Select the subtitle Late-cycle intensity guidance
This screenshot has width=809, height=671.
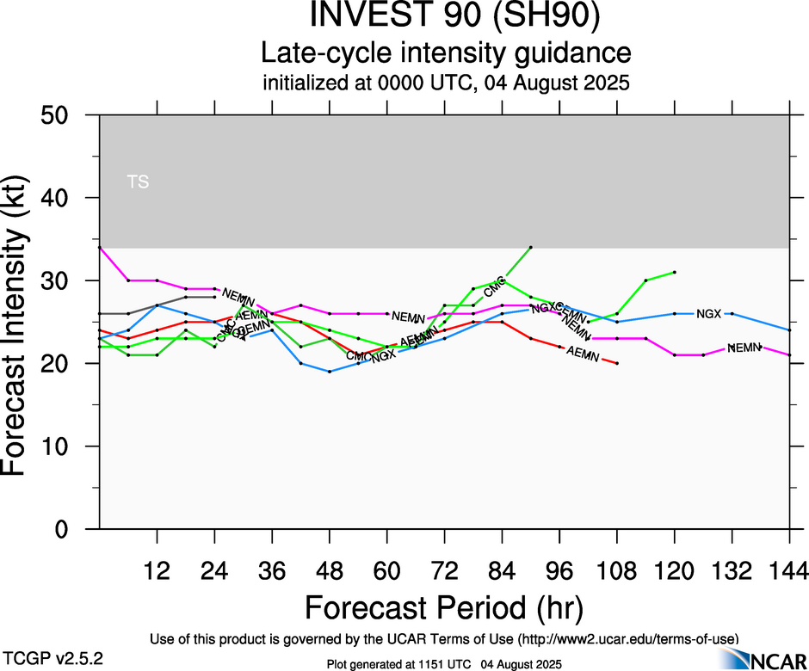tap(446, 53)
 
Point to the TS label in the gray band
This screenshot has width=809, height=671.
tap(137, 182)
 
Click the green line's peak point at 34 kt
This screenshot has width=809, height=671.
tap(531, 247)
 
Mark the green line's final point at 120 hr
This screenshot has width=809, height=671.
tap(675, 272)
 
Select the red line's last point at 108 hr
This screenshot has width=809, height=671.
tap(617, 364)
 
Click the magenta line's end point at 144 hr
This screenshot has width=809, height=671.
tap(789, 355)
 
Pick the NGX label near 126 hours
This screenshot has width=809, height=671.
tap(708, 314)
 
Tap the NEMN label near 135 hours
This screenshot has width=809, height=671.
tap(745, 348)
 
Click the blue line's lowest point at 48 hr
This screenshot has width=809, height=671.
tap(330, 372)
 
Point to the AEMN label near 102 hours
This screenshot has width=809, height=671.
tap(584, 354)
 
